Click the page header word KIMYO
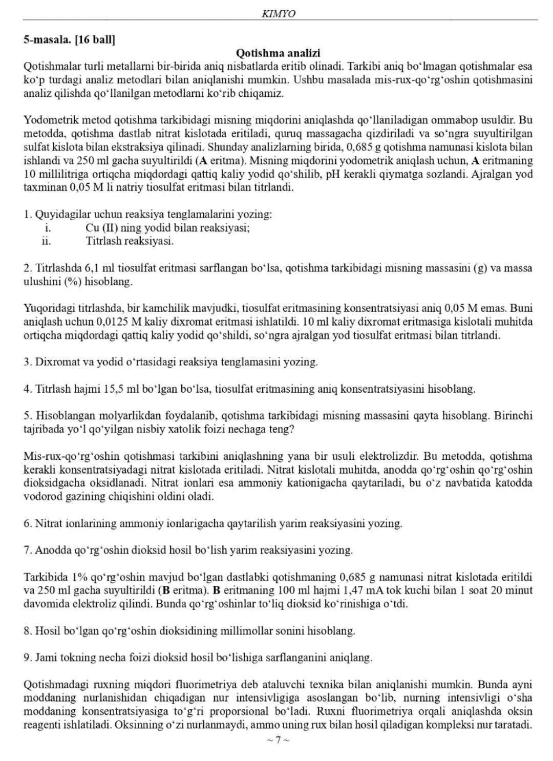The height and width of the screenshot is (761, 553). (x=279, y=14)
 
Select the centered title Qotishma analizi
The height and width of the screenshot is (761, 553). (x=278, y=53)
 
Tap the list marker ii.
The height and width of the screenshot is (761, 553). (x=47, y=241)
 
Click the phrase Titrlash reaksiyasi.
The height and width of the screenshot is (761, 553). (x=130, y=241)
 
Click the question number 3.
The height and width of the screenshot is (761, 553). (x=27, y=362)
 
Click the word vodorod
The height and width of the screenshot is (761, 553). (x=41, y=496)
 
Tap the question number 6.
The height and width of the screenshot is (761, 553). (x=27, y=523)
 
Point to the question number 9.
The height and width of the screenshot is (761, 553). (x=27, y=657)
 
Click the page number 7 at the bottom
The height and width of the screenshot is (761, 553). (x=278, y=739)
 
